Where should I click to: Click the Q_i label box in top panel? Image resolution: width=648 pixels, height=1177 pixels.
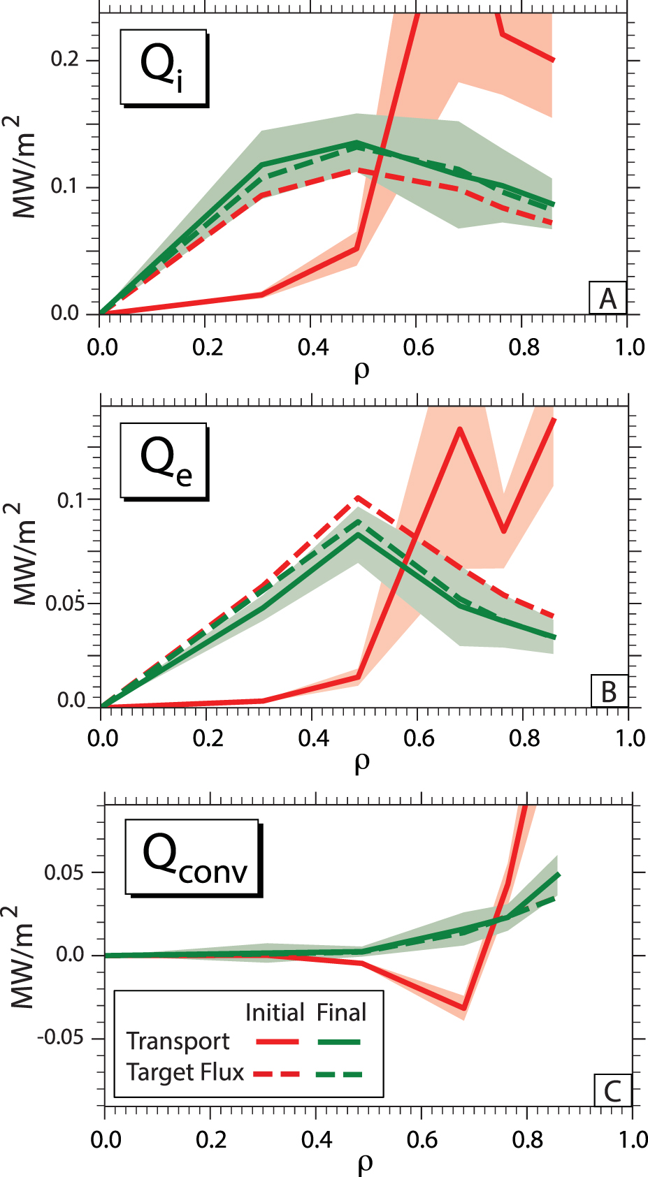pos(164,67)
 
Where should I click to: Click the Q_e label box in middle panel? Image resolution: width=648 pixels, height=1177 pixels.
pos(164,460)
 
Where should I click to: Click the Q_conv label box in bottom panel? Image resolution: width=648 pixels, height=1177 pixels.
pos(192,858)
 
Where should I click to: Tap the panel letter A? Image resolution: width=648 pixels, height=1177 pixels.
pos(607,298)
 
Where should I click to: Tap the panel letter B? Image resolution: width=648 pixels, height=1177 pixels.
pos(609,692)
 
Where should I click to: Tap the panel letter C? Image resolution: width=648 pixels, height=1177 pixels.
pos(612,1090)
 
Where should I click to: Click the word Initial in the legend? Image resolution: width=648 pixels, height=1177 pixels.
pos(275,1012)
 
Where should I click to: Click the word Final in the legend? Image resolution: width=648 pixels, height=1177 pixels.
pos(341,1012)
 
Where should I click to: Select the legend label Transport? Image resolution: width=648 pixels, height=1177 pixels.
pos(178,1041)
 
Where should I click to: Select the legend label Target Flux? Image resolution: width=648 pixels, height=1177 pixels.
pos(185,1072)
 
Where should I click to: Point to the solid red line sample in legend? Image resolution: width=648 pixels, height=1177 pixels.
pos(277,1042)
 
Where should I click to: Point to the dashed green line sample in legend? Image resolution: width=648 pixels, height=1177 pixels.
pos(340,1074)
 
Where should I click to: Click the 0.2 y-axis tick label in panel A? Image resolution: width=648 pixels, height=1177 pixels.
pos(64,59)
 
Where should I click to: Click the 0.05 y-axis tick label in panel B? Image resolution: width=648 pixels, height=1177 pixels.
pos(64,603)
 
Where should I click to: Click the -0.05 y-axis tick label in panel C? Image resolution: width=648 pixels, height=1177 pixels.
pos(60,1037)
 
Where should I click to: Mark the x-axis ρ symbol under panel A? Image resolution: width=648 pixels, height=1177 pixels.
pos(361,371)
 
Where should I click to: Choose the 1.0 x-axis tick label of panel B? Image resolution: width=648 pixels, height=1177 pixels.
pos(629,738)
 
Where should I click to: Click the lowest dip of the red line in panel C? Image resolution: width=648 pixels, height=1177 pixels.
pos(463,1008)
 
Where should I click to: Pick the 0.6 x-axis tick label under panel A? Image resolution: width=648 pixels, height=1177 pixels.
pos(418,347)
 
